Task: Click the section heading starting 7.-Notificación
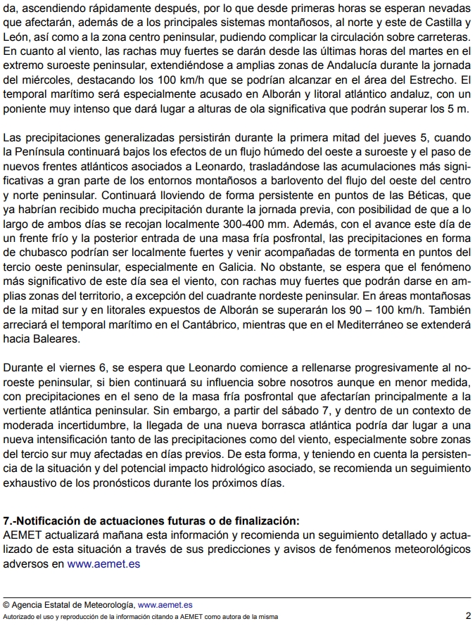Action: click(151, 520)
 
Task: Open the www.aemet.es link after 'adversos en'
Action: click(104, 563)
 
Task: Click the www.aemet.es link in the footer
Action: click(165, 603)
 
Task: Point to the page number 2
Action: click(468, 615)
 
